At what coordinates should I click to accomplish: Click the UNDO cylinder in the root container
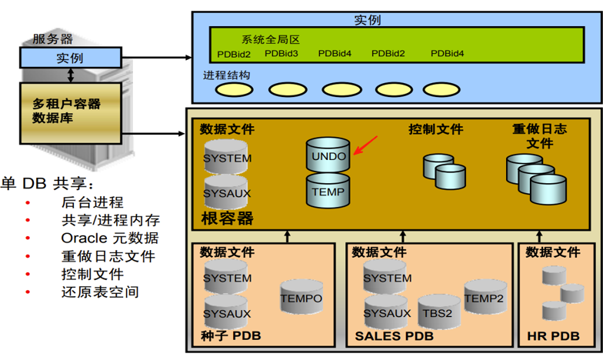click(x=328, y=156)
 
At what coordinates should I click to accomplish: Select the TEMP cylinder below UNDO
click(x=328, y=192)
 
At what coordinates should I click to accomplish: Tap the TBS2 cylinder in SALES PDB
click(x=438, y=313)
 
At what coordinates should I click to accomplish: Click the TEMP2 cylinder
click(x=484, y=298)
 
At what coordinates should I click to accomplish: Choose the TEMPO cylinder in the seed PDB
click(x=301, y=298)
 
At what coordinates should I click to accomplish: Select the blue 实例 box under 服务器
click(x=70, y=58)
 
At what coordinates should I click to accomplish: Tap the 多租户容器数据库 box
click(x=70, y=111)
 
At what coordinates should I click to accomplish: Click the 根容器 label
click(x=227, y=218)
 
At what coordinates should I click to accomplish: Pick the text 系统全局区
click(x=270, y=39)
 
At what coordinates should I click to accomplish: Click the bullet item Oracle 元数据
click(x=110, y=238)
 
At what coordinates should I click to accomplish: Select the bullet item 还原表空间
click(x=100, y=292)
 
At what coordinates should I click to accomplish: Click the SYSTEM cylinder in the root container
click(x=227, y=158)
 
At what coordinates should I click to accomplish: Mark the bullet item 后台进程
click(x=92, y=203)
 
